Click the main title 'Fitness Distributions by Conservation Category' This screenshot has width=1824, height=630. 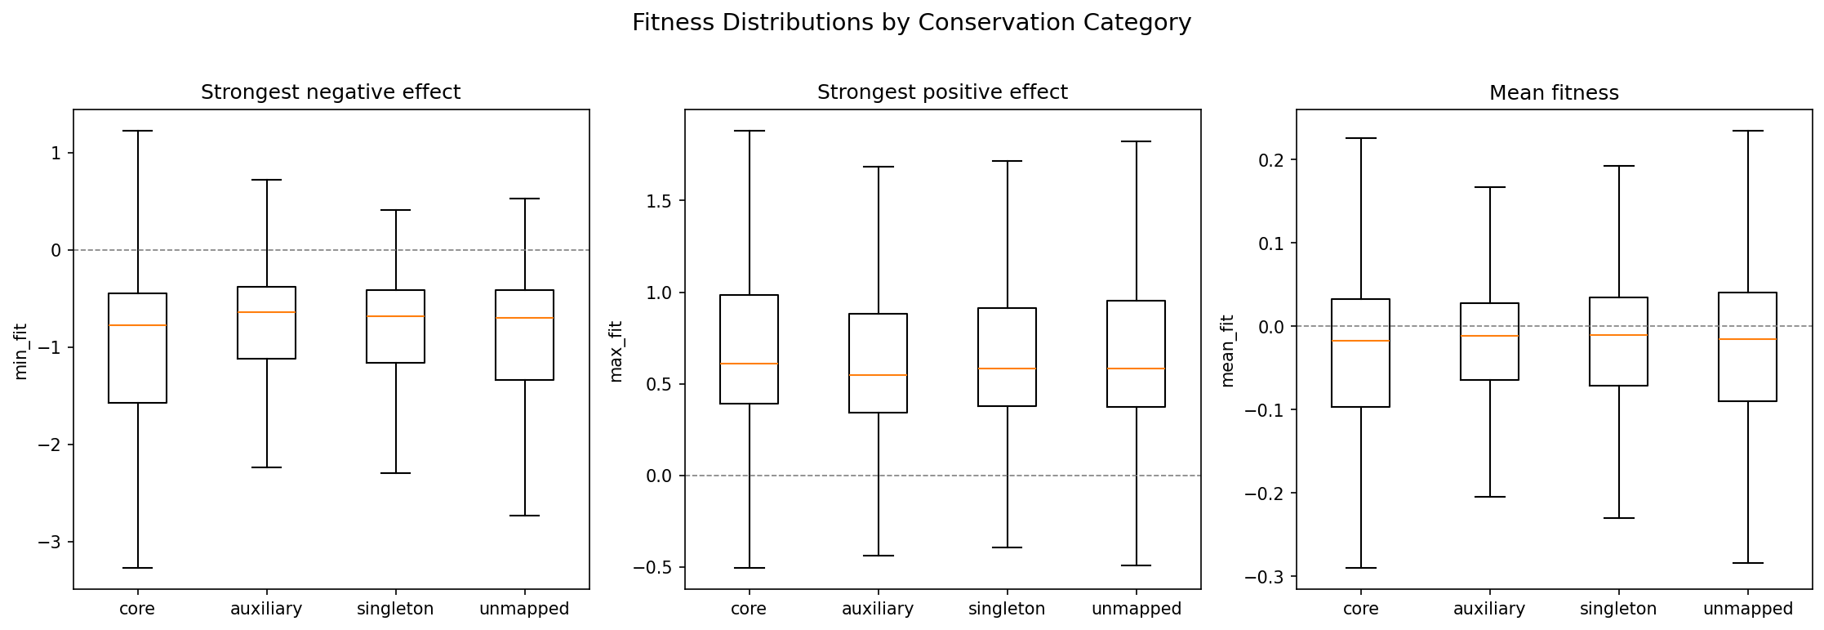911,23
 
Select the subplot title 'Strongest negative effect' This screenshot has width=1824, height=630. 331,92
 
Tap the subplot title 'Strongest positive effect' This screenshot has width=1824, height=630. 942,92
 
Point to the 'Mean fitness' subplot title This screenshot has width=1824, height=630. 1554,93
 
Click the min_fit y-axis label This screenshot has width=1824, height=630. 21,351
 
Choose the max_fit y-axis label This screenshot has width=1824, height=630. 616,351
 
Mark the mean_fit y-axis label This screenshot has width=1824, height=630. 1227,351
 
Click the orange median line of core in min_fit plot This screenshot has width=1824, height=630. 137,325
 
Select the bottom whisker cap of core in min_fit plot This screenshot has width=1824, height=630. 137,568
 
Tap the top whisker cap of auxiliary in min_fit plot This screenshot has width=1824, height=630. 266,180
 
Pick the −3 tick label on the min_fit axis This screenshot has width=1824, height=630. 50,542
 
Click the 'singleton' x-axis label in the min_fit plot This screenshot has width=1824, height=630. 395,609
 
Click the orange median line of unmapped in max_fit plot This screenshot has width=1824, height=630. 1136,369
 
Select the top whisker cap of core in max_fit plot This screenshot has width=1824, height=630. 749,131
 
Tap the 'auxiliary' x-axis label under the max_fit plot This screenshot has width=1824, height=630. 878,609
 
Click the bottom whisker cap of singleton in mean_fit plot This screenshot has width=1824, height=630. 1618,518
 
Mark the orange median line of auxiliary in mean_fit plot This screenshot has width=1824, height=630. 1489,336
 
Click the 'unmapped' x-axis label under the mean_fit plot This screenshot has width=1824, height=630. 1747,609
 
